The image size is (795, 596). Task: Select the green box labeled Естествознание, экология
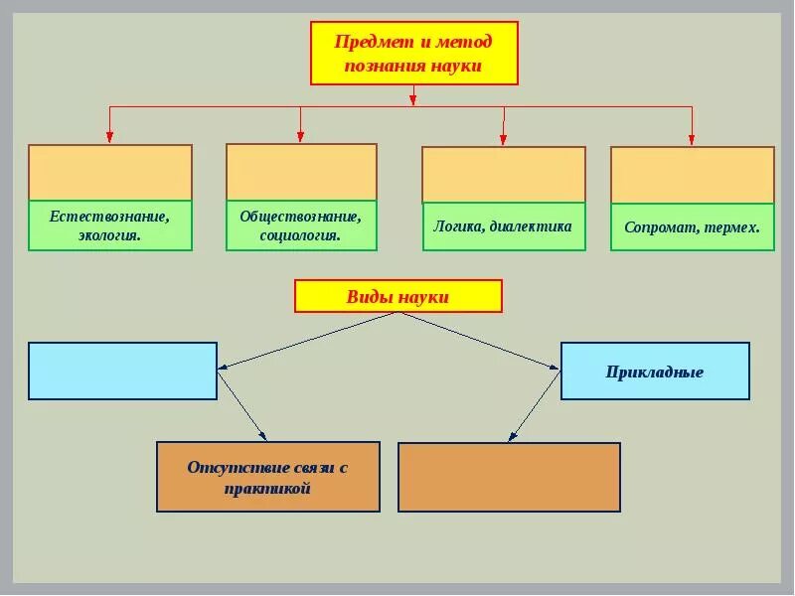coord(110,225)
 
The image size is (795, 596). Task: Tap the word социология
coord(300,236)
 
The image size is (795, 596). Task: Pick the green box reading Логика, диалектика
coord(503,226)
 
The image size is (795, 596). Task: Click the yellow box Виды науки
coord(397,297)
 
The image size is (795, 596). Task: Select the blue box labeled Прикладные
coord(655,372)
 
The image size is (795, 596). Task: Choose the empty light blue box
coord(122,371)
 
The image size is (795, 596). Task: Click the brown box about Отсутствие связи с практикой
coord(268,477)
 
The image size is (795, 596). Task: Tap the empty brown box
coord(509,477)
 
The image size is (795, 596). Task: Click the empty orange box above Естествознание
coord(110,173)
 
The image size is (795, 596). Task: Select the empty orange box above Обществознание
coord(301,172)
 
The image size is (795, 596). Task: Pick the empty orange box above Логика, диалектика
coord(504,175)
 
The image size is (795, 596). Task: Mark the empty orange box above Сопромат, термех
coord(692,175)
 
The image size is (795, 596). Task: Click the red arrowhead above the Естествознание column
coord(109,137)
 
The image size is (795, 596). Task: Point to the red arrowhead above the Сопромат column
coord(693,138)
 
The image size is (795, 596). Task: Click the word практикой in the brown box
coord(268,489)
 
